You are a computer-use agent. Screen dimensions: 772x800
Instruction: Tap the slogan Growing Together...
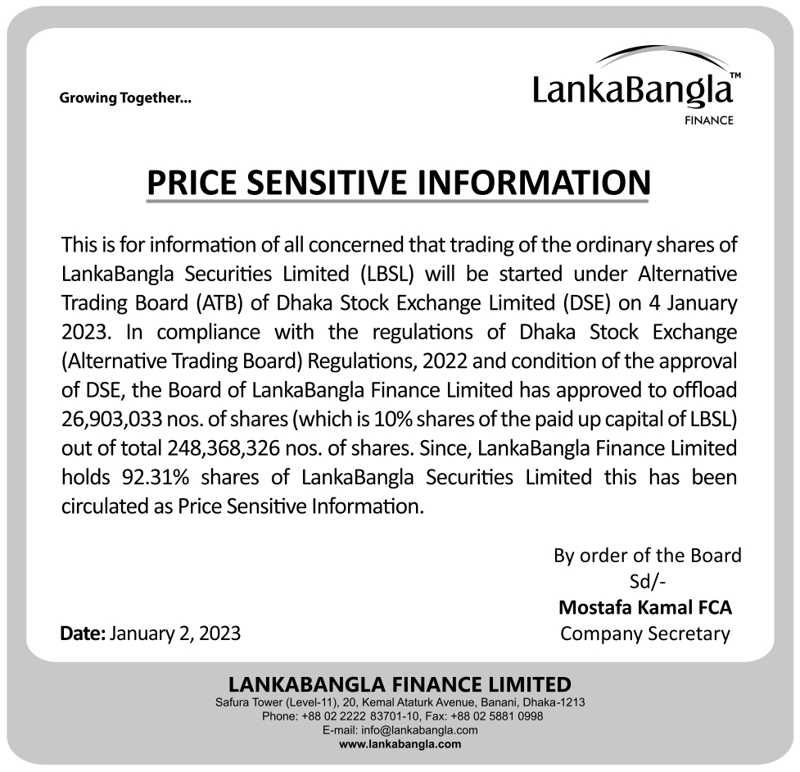125,99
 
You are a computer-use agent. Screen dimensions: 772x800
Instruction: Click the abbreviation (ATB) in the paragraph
215,302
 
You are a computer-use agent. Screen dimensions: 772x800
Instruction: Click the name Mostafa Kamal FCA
645,608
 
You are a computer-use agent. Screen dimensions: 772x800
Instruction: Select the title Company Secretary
644,633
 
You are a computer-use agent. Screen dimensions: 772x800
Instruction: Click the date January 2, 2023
174,633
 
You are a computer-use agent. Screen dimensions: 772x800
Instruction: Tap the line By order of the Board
647,556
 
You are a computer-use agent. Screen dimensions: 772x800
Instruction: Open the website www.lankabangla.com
400,744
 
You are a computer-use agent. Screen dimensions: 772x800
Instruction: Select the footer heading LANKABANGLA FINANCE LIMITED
400,684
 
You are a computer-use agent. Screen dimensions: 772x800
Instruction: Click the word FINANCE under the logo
708,120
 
